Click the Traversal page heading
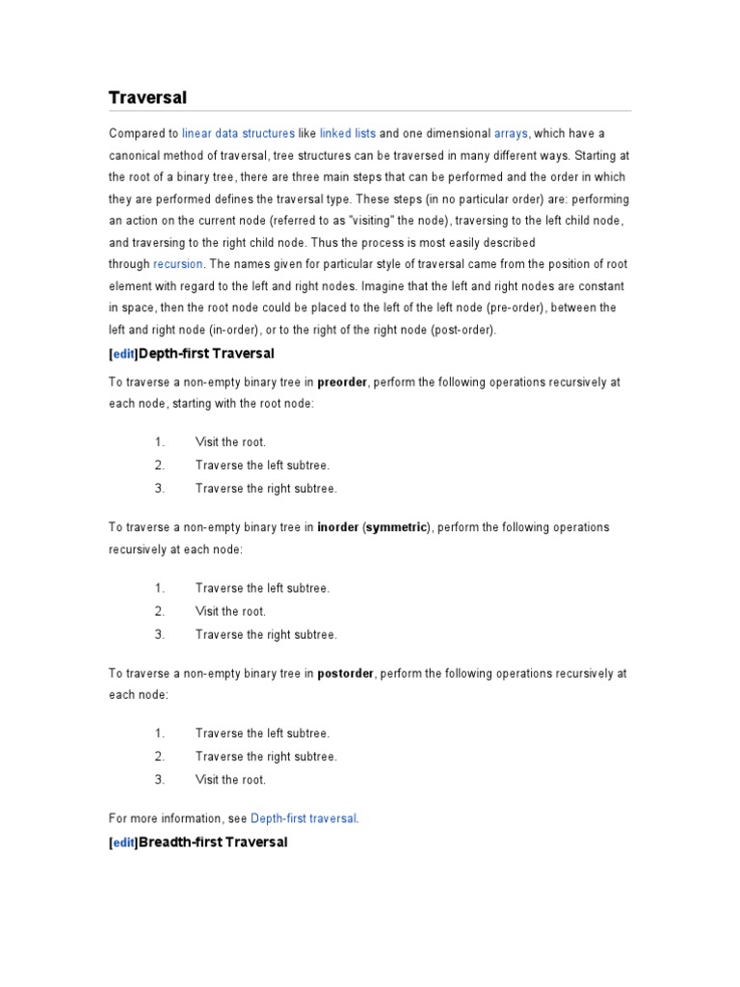pos(147,98)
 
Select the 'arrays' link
pos(511,133)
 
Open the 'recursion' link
pos(177,264)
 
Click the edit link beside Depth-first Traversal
pos(124,355)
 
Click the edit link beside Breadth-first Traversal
pos(124,843)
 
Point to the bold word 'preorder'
pos(342,383)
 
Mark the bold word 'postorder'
pos(345,674)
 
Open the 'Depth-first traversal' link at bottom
pos(304,819)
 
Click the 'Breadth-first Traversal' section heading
pos(214,842)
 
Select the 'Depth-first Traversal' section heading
pos(207,354)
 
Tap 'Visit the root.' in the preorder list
pos(230,442)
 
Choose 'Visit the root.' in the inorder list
pos(230,611)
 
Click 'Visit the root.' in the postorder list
pos(230,780)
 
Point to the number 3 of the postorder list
pos(159,780)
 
